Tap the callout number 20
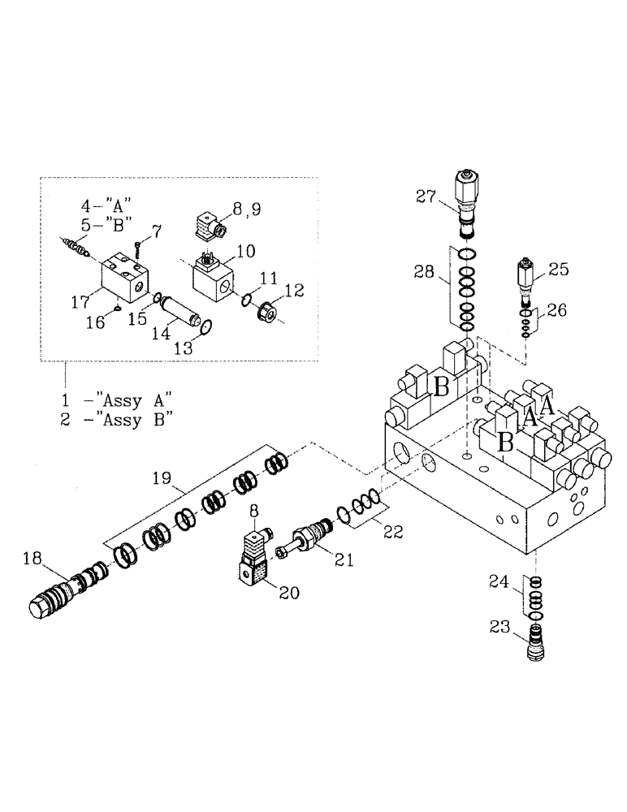(x=288, y=594)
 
